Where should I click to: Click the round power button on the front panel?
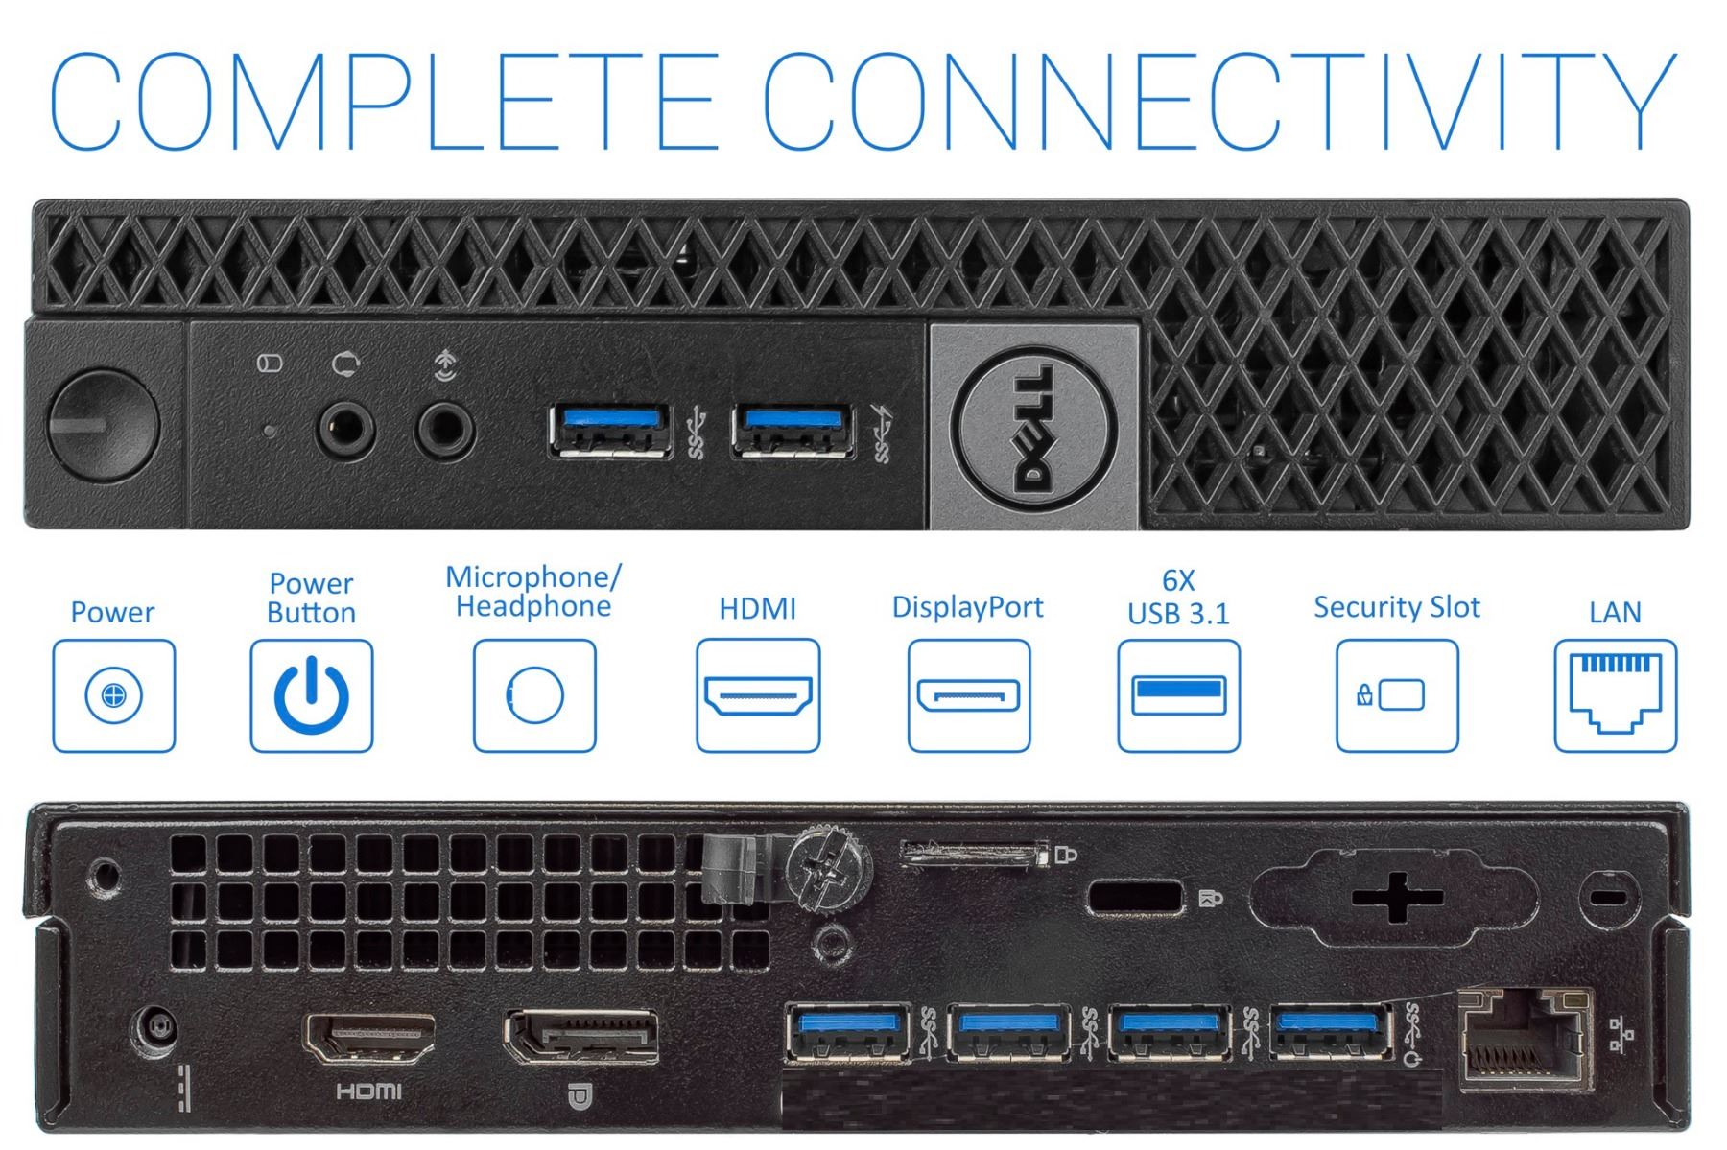103,425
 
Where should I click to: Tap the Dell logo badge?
1034,426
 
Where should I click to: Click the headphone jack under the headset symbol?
444,429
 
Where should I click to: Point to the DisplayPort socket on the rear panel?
581,1039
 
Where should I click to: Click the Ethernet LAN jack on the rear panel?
1524,1044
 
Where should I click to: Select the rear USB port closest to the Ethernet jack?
1332,1031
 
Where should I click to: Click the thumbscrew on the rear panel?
828,869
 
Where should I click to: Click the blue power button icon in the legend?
311,695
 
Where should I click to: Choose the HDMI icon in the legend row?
758,695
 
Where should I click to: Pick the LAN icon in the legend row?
1615,695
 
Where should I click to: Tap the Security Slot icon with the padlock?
1396,695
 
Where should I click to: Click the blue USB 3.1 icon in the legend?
1178,695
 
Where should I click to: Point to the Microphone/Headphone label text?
533,592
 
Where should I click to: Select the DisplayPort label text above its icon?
967,607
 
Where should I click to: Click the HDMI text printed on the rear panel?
369,1091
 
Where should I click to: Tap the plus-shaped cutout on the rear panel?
1397,898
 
